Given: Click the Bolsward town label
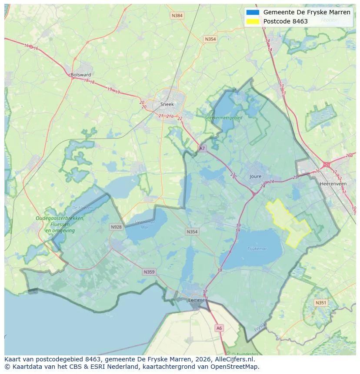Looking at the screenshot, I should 80,75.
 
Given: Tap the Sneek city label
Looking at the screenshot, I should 167,104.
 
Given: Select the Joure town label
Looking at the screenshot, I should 256,176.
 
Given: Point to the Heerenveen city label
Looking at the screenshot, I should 333,184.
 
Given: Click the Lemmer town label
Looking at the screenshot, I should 197,300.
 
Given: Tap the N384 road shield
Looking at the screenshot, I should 177,16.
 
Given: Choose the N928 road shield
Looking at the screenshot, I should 116,227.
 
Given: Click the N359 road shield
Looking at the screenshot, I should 149,272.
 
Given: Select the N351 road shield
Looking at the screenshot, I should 321,303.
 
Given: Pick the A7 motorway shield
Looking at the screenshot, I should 202,149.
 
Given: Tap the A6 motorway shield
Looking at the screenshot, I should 219,328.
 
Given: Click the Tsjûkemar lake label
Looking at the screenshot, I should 257,248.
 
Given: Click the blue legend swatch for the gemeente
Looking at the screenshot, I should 252,12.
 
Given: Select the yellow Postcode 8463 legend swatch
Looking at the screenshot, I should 252,21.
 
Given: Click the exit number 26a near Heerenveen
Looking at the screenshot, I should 349,156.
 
